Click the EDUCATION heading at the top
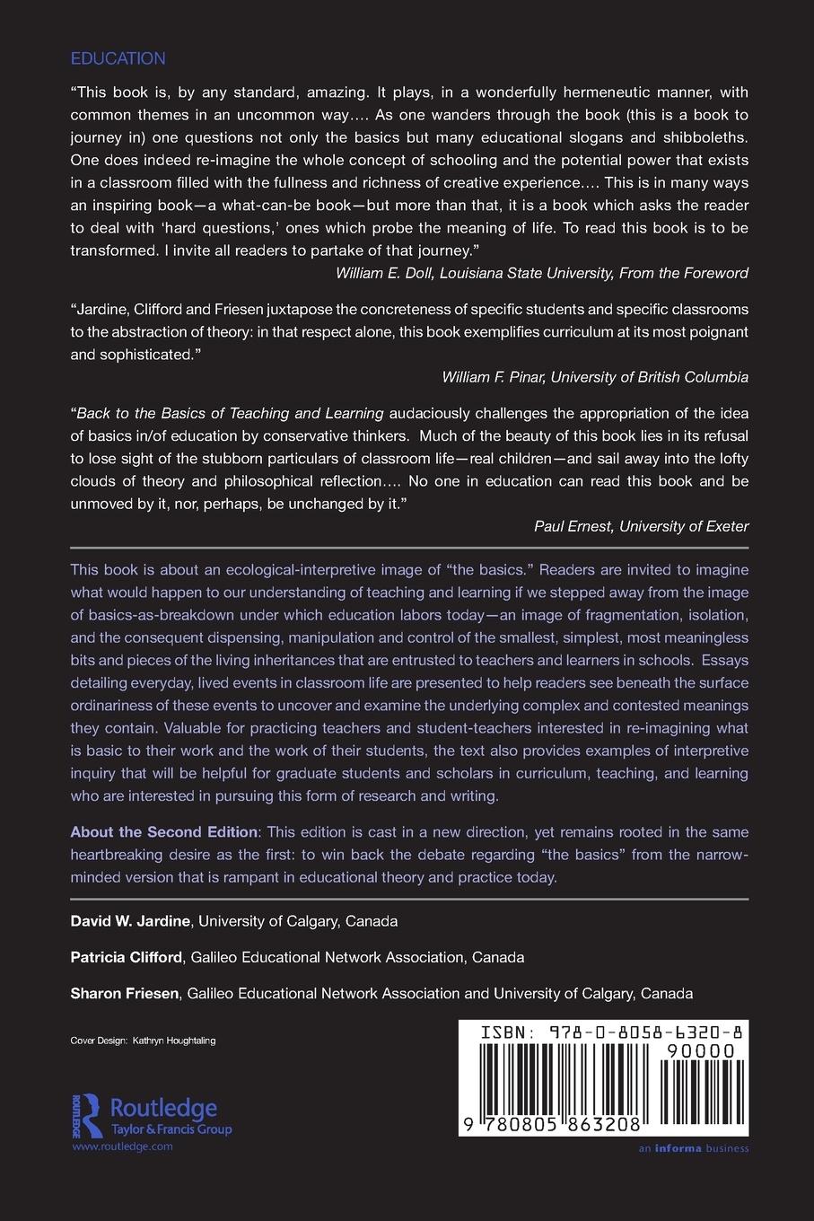[x=118, y=59]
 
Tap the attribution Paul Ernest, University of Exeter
[x=640, y=526]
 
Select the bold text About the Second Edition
[x=163, y=832]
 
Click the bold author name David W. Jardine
[x=130, y=921]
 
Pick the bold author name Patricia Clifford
[x=126, y=957]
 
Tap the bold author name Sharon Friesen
[x=126, y=993]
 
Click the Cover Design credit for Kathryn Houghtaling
[x=143, y=1041]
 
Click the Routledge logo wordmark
[x=162, y=1107]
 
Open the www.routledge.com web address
[x=121, y=1146]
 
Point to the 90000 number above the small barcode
[x=701, y=1050]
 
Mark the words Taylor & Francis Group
[x=171, y=1129]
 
